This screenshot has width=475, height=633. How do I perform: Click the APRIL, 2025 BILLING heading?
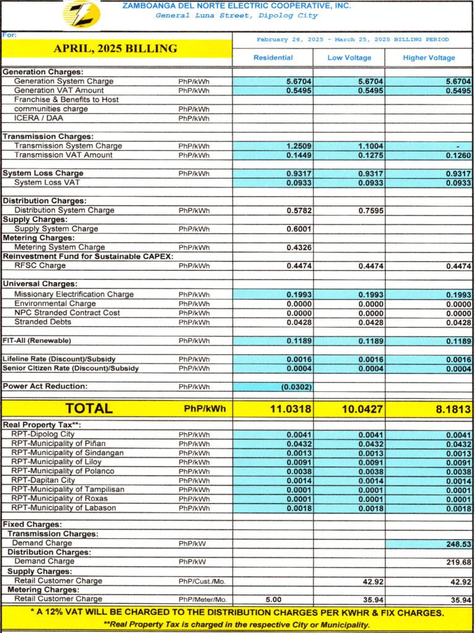pos(115,48)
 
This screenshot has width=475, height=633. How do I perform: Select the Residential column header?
pos(273,57)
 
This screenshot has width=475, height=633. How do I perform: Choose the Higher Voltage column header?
pos(429,57)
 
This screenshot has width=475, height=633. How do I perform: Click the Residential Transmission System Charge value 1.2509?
pos(298,146)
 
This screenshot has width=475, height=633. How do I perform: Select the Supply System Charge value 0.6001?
pos(298,229)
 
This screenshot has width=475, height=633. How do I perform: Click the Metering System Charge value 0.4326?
pos(298,247)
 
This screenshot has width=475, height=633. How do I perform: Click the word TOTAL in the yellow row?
pos(89,409)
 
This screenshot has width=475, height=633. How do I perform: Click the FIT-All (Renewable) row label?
pos(36,341)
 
